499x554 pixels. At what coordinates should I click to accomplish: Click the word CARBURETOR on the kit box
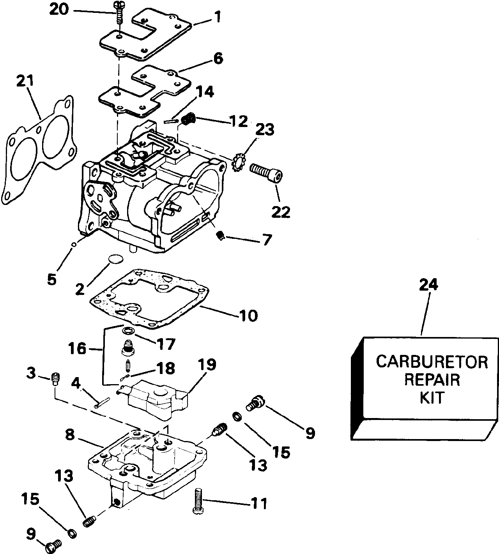click(432, 362)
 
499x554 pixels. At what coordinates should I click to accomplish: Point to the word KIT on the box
click(432, 398)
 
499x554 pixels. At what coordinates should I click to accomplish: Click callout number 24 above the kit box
click(428, 285)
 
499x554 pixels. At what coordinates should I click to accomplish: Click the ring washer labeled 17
click(127, 331)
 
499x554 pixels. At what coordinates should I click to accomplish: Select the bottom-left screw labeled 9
click(52, 547)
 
